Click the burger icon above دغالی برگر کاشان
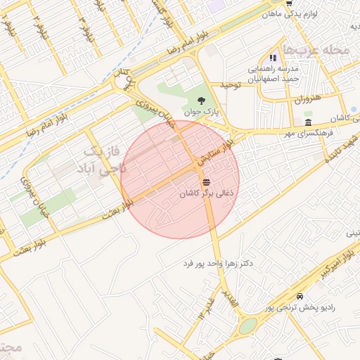point(205,181)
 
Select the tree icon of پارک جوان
point(202,101)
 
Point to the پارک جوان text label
point(202,112)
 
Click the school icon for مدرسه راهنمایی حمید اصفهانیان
point(273,59)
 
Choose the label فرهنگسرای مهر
point(307,132)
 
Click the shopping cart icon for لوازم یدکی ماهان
point(289,3)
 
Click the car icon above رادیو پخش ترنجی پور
point(301,296)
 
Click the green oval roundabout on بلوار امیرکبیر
point(247,326)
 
